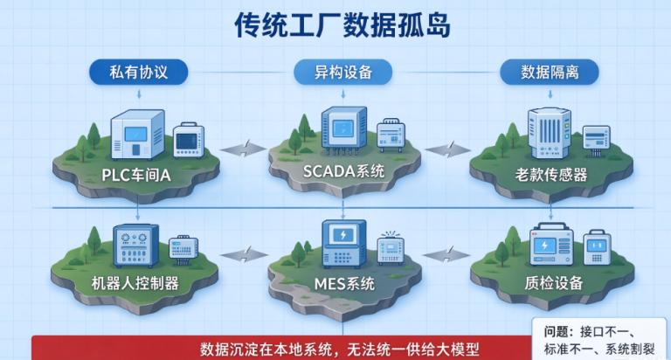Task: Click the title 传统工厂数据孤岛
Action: [342, 24]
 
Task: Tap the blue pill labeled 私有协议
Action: [138, 72]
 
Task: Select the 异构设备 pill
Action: [342, 72]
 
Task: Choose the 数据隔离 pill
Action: [550, 72]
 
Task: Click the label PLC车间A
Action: [136, 175]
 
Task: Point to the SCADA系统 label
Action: [343, 171]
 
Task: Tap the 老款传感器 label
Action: [550, 175]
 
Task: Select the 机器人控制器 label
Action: [135, 283]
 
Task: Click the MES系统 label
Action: [344, 284]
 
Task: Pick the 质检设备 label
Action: [554, 283]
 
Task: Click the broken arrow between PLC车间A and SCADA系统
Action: [244, 149]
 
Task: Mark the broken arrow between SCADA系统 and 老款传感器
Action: [447, 149]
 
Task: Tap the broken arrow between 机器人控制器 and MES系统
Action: [245, 255]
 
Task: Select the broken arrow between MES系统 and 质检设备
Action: [446, 255]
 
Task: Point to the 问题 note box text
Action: [599, 340]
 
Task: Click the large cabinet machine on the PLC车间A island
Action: [137, 135]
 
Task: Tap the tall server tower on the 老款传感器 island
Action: [549, 133]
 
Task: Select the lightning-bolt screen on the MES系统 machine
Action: [343, 234]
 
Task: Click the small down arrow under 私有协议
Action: [139, 93]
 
